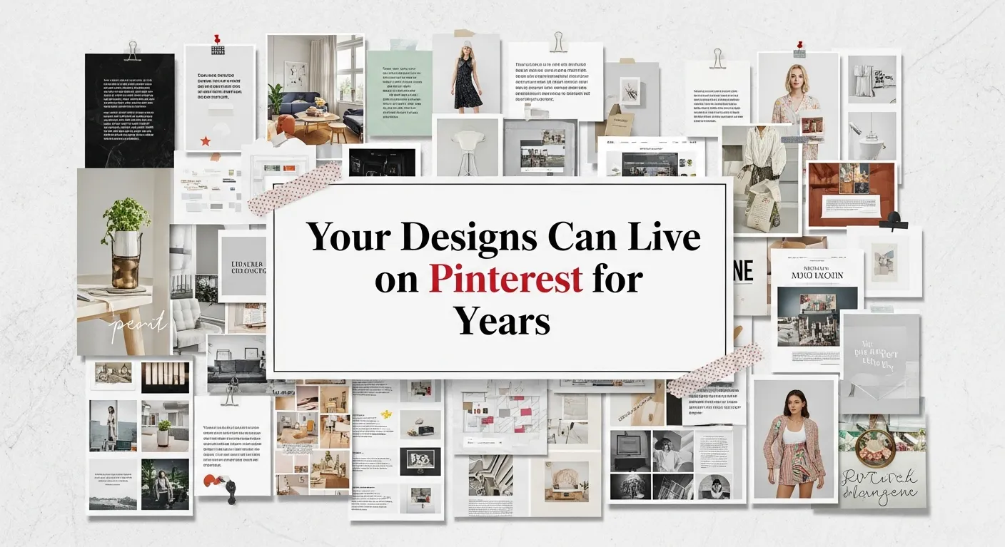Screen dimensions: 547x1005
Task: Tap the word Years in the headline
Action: pyautogui.click(x=504, y=319)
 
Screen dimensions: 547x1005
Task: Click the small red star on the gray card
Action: pyautogui.click(x=206, y=140)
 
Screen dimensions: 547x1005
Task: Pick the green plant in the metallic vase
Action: pyautogui.click(x=125, y=214)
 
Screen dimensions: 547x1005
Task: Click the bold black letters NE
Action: pyautogui.click(x=743, y=270)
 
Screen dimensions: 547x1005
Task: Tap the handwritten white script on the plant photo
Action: pyautogui.click(x=138, y=325)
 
